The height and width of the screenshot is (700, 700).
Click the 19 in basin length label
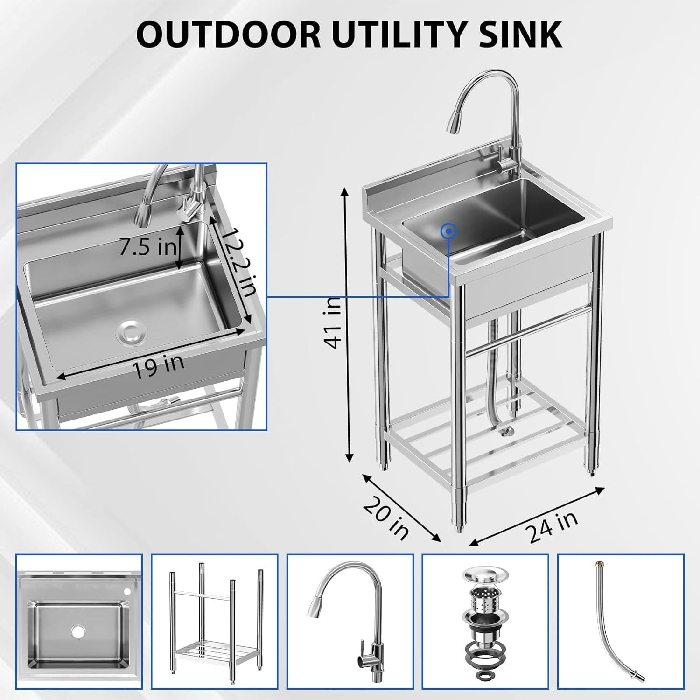[158, 367]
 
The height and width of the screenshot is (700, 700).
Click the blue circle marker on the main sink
[449, 230]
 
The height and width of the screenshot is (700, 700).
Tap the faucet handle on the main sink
[504, 164]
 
